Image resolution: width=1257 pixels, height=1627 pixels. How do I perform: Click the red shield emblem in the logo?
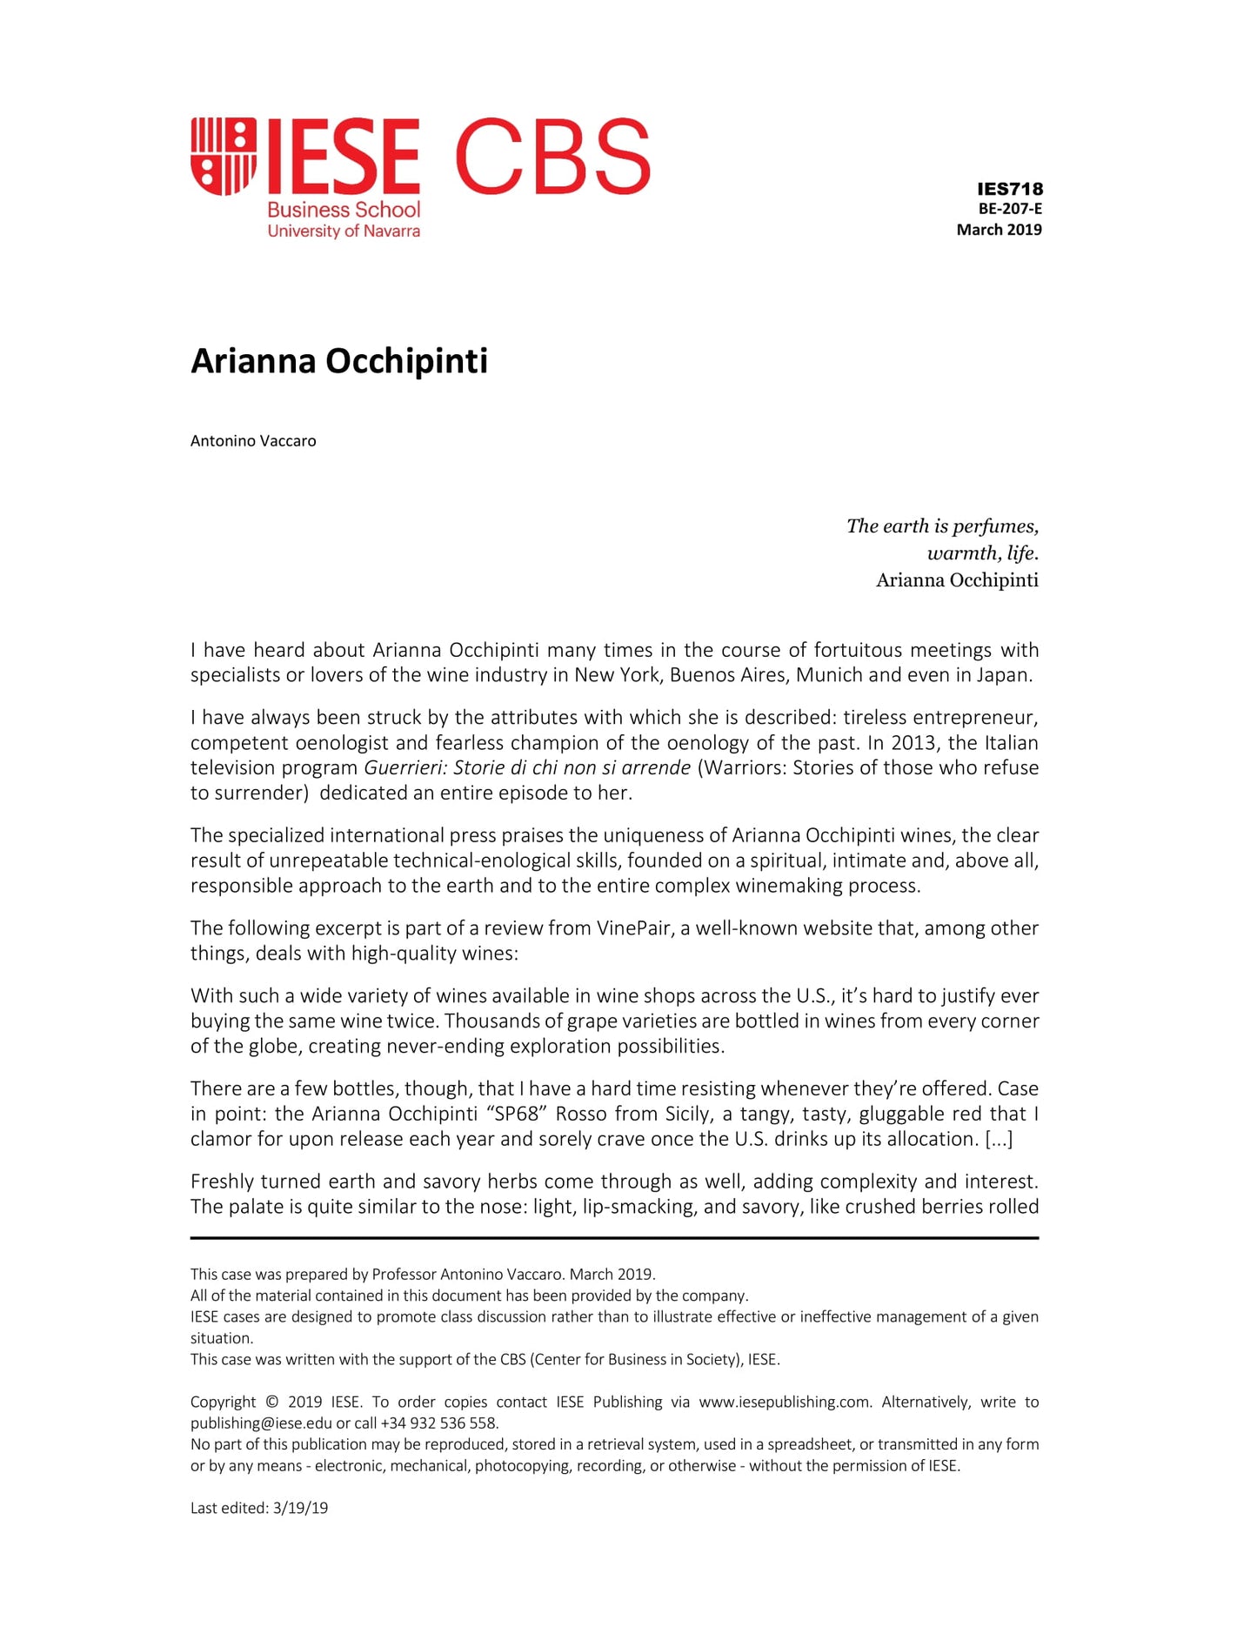[x=224, y=156]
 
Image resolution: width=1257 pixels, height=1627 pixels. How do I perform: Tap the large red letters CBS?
[x=552, y=157]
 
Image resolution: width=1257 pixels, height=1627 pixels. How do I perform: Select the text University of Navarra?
[x=344, y=231]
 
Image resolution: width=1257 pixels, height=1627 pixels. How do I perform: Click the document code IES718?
[x=1009, y=189]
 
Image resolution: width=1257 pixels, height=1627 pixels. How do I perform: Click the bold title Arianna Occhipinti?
[x=339, y=361]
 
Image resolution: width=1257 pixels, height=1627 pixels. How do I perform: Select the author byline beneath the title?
[x=253, y=441]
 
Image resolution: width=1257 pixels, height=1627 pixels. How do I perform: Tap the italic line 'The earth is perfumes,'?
[x=942, y=526]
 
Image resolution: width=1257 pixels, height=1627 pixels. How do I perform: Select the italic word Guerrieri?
[x=404, y=768]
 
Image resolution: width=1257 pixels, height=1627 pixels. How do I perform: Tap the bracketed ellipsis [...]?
[x=999, y=1139]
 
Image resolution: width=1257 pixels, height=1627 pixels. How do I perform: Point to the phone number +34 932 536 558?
[x=439, y=1423]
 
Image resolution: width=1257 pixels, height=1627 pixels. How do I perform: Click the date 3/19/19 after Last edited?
[x=300, y=1509]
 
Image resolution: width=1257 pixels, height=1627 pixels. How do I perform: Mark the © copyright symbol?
[x=271, y=1403]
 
